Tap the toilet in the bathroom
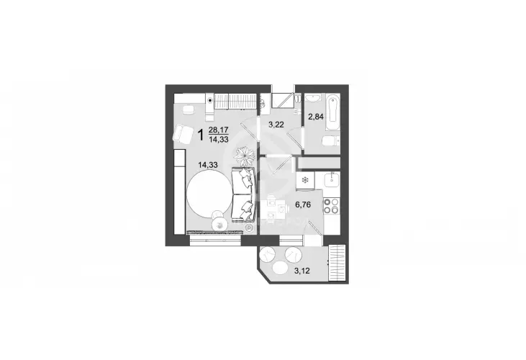(x=327, y=141)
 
